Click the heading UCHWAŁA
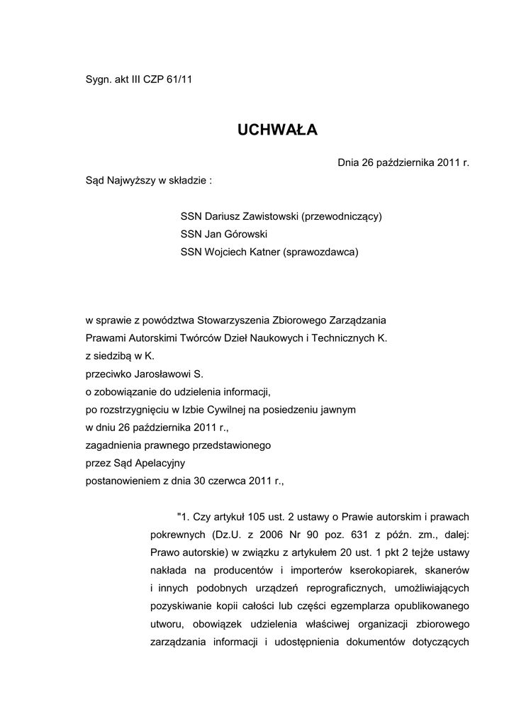(277, 130)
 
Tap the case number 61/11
(179, 79)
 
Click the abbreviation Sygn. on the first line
(98, 79)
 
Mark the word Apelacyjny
(161, 463)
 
